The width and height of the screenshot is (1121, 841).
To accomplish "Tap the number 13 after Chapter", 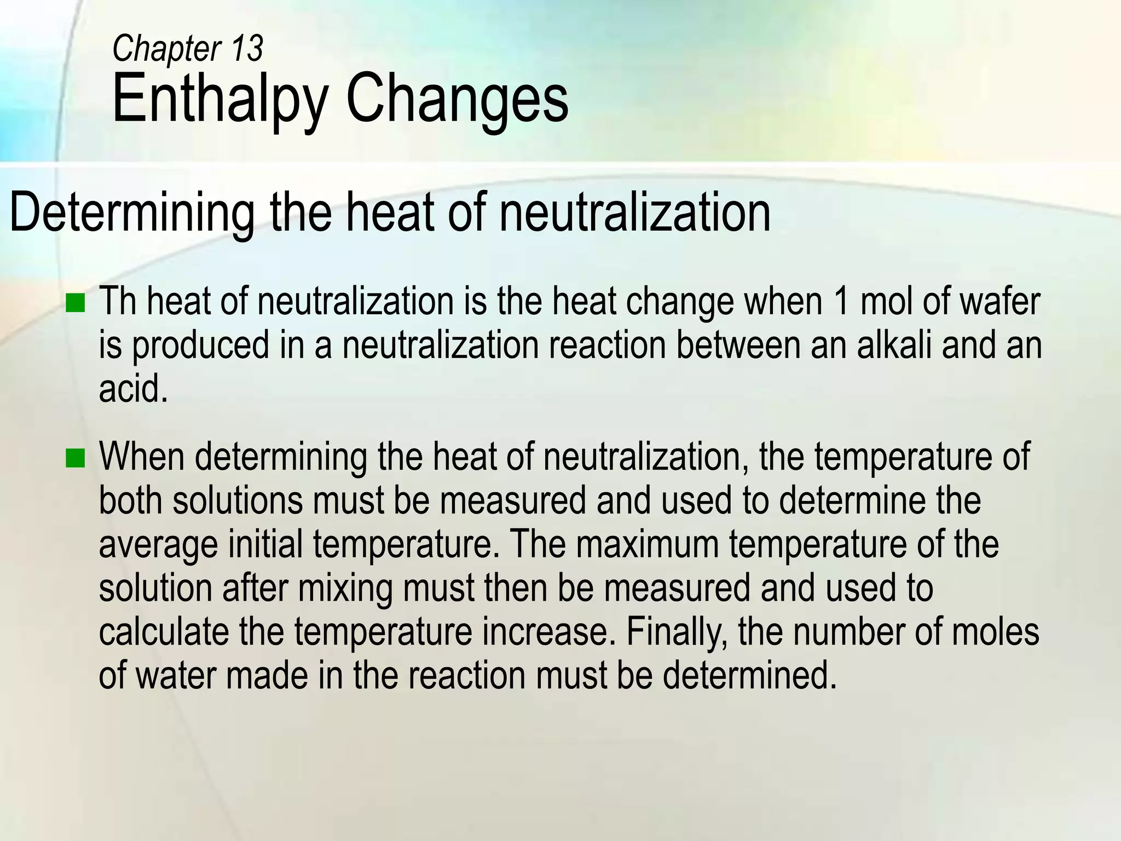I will (247, 48).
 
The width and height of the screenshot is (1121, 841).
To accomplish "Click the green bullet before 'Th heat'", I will (76, 303).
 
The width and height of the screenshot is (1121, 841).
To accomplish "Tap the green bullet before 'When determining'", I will (76, 458).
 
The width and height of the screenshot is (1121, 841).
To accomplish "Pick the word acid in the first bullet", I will (132, 389).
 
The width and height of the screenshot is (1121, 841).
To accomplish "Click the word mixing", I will (345, 589).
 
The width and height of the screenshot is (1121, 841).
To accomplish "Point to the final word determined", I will (750, 676).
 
